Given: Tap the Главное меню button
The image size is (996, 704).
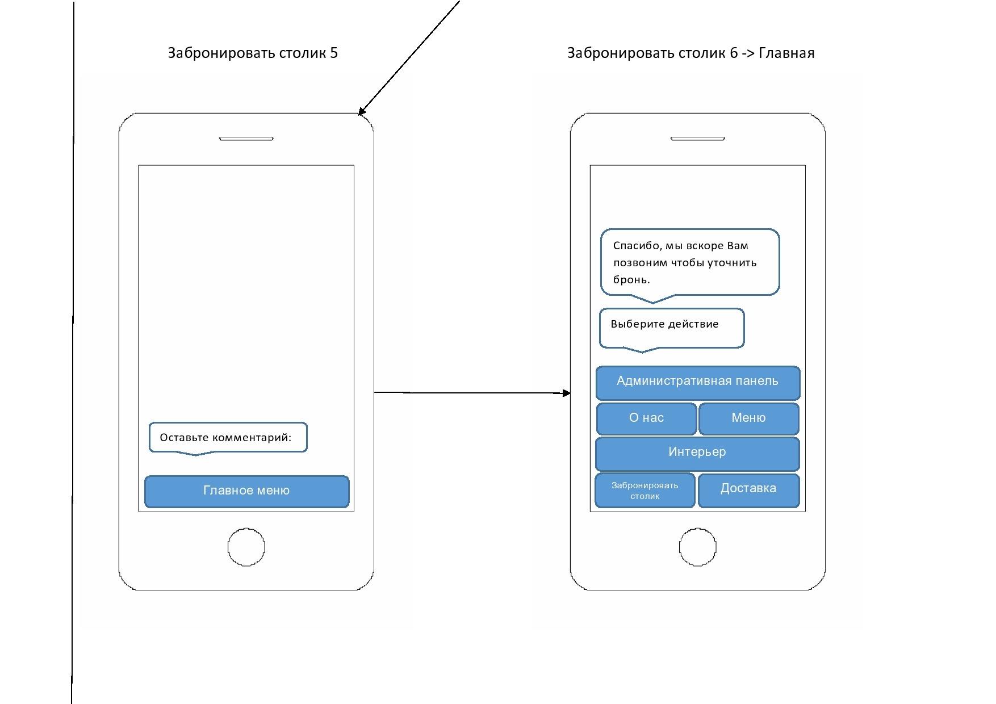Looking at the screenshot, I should [246, 491].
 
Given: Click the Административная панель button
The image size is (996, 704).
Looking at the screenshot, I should [697, 382].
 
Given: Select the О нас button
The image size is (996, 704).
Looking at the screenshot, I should [646, 418].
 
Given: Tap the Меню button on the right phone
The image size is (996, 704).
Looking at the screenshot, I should [748, 418].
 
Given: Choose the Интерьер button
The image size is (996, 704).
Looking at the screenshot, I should [697, 452].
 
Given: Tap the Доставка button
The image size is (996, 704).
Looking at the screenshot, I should [748, 489].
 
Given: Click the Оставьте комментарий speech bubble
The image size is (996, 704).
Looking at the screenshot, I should [228, 438].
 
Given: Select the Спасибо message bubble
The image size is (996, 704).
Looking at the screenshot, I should [689, 262].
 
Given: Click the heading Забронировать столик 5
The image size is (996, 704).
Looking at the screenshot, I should [253, 53].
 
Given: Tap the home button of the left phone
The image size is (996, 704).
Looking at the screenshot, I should [246, 547].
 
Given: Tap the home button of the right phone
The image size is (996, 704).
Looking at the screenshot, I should [697, 547].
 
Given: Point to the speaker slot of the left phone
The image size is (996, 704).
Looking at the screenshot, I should [246, 139].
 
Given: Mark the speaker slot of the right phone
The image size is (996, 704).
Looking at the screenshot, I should [697, 139].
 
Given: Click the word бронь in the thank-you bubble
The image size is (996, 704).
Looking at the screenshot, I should [630, 280].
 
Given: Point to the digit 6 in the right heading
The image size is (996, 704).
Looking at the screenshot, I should [734, 53].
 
